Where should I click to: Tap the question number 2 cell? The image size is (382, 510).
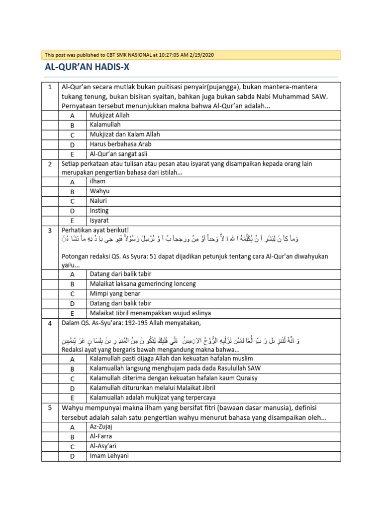(x=50, y=164)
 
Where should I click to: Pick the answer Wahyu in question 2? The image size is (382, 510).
(x=99, y=191)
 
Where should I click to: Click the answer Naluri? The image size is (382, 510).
(x=99, y=201)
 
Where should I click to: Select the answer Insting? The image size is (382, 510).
(x=99, y=211)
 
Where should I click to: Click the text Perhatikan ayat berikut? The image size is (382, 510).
(x=95, y=230)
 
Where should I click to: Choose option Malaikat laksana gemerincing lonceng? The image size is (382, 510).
(x=143, y=284)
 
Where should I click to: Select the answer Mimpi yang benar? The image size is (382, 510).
(x=115, y=294)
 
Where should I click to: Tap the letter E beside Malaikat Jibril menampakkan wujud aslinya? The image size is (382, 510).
(x=72, y=313)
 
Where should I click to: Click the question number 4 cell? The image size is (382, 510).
(x=50, y=323)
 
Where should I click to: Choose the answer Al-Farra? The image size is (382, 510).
(x=101, y=436)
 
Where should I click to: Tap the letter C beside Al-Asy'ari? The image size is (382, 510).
(x=72, y=446)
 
